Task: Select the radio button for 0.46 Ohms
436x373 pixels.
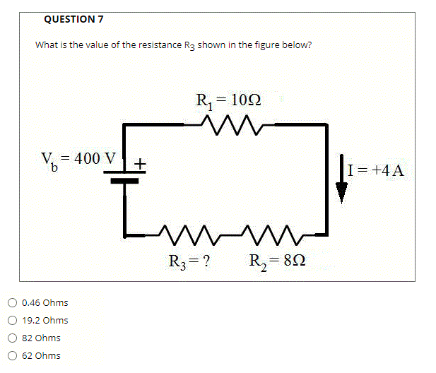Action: click(13, 303)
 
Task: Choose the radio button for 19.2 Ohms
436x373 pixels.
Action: click(13, 321)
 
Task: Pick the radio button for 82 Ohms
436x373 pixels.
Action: click(13, 338)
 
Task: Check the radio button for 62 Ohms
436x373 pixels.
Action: click(13, 356)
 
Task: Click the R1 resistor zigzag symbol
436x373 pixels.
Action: click(229, 124)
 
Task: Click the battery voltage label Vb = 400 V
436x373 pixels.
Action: click(77, 158)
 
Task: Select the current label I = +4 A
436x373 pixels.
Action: click(375, 170)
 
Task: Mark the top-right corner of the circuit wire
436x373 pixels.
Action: click(326, 125)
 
